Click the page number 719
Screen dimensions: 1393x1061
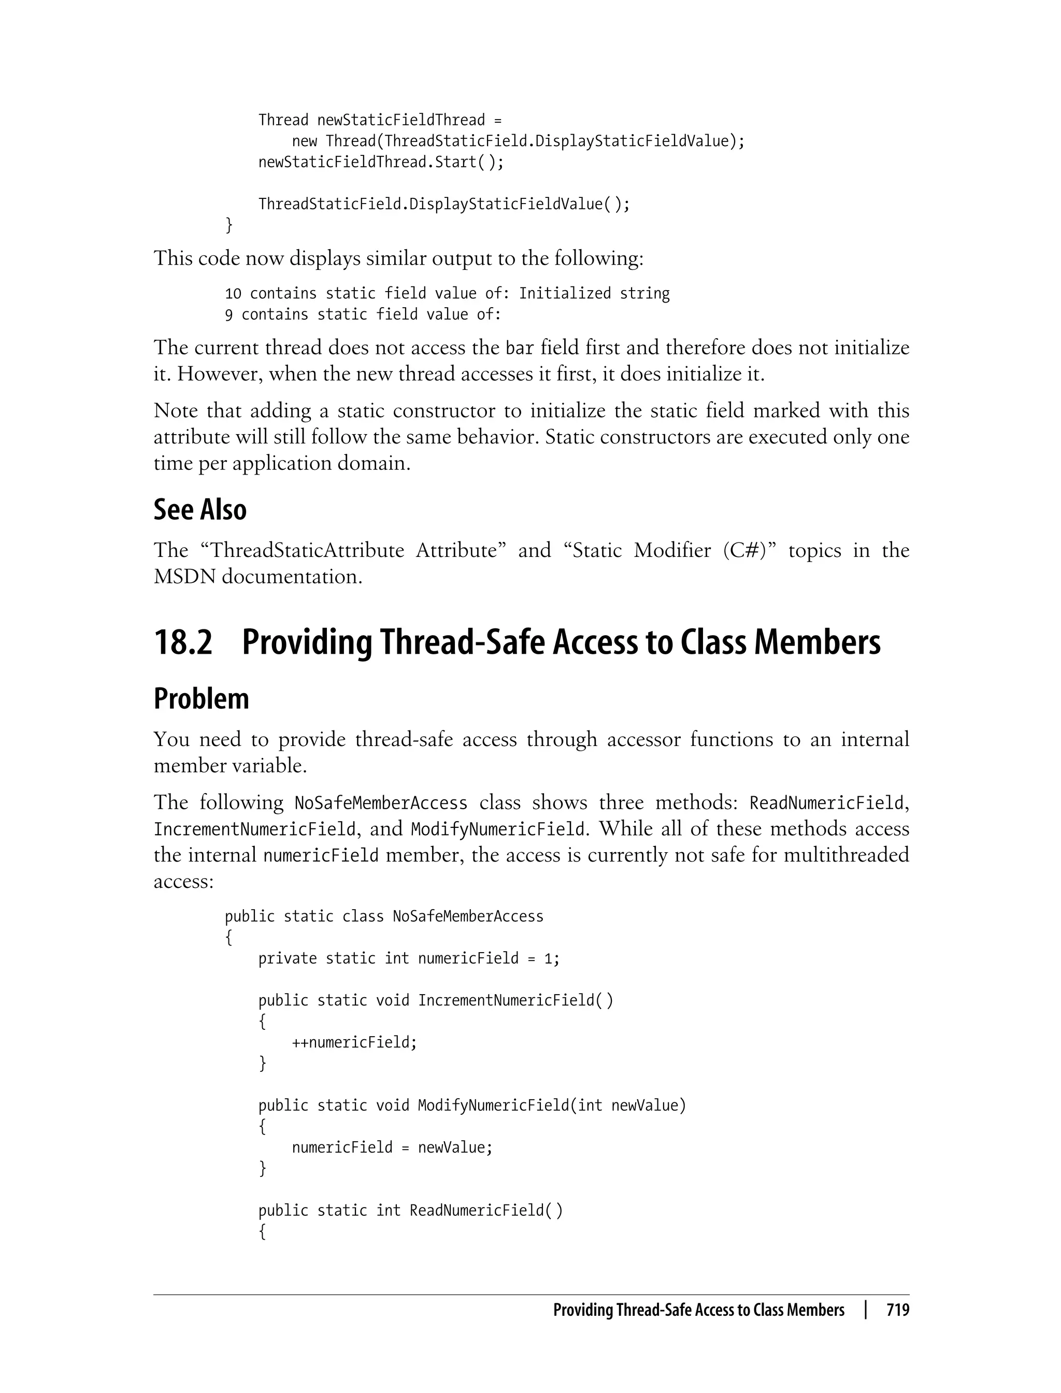click(x=897, y=1310)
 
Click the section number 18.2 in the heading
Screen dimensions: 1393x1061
click(x=183, y=642)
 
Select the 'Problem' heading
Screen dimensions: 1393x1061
click(x=201, y=699)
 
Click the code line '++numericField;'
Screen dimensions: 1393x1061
click(x=354, y=1042)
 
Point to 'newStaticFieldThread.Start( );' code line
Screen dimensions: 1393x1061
click(x=381, y=162)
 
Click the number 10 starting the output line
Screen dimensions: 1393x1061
click(x=233, y=294)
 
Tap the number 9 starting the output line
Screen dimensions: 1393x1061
click(x=228, y=314)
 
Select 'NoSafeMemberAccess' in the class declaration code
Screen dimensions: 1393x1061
click(x=467, y=916)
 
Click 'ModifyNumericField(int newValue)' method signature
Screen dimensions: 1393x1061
click(x=551, y=1105)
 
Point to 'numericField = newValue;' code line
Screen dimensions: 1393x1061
click(x=392, y=1147)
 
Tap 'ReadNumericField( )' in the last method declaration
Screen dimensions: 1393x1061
click(x=485, y=1211)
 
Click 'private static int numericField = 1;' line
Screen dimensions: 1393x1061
click(x=409, y=958)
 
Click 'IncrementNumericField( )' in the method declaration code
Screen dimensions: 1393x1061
click(x=515, y=1001)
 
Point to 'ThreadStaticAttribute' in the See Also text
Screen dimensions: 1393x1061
click(x=306, y=550)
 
